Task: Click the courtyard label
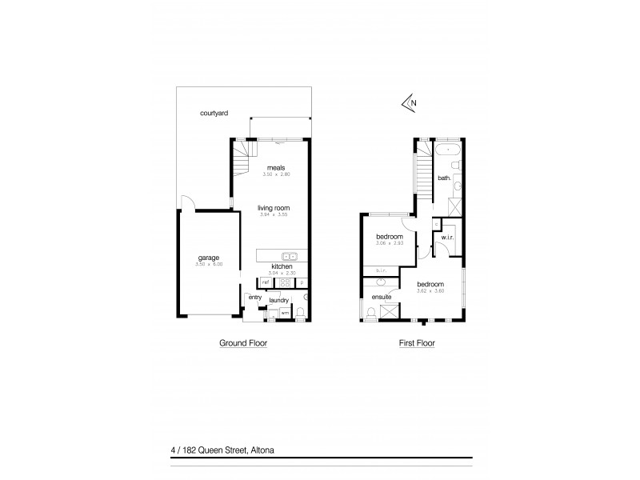[x=214, y=114]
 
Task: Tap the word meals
[x=276, y=167]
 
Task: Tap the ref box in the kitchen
[x=264, y=282]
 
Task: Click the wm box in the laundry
[x=284, y=312]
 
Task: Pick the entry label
[x=255, y=298]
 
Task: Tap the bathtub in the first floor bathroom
[x=448, y=150]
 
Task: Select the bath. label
[x=446, y=178]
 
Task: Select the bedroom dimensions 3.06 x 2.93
[x=390, y=243]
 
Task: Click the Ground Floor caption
[x=243, y=342]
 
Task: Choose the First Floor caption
[x=417, y=342]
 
